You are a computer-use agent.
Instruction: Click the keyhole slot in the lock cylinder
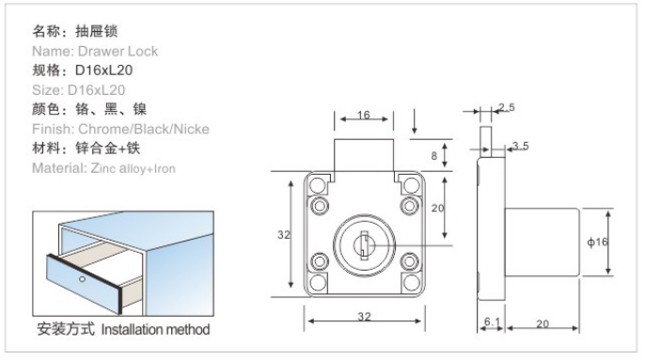[x=364, y=245]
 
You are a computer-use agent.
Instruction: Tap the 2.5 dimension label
[x=507, y=107]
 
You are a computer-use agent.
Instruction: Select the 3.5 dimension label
[x=521, y=146]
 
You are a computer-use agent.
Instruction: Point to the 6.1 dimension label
[x=492, y=321]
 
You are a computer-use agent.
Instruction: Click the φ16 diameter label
[x=597, y=242]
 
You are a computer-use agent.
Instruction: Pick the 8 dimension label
[x=434, y=156]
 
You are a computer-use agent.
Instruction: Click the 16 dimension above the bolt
[x=364, y=115]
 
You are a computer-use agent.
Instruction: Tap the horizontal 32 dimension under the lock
[x=364, y=317]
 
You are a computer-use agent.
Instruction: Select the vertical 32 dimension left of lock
[x=284, y=235]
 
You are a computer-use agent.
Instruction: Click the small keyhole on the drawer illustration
[x=83, y=279]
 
